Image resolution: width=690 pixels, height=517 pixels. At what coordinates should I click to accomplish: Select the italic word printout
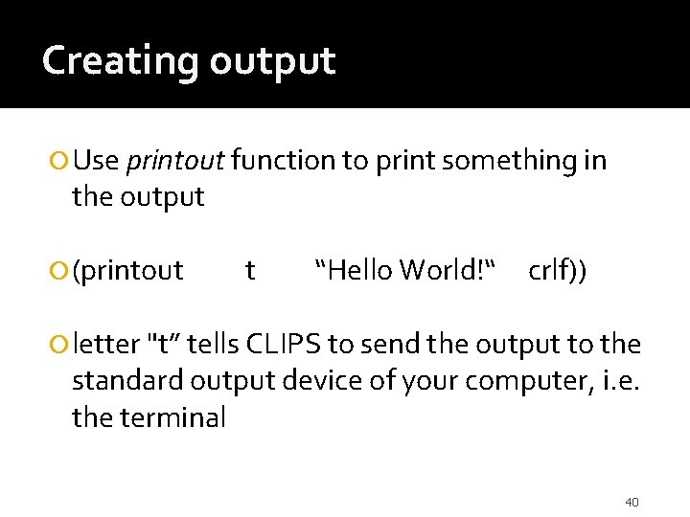coord(174,161)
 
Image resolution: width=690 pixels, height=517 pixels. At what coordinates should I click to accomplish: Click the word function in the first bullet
coord(284,160)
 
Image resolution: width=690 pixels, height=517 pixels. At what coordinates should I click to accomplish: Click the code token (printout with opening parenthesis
coord(127,272)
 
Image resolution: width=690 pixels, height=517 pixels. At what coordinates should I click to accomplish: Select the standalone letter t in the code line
coord(250,272)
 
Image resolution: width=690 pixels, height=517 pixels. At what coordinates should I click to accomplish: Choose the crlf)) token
coord(559,272)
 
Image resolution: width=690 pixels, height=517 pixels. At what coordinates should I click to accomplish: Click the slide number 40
coord(632,502)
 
